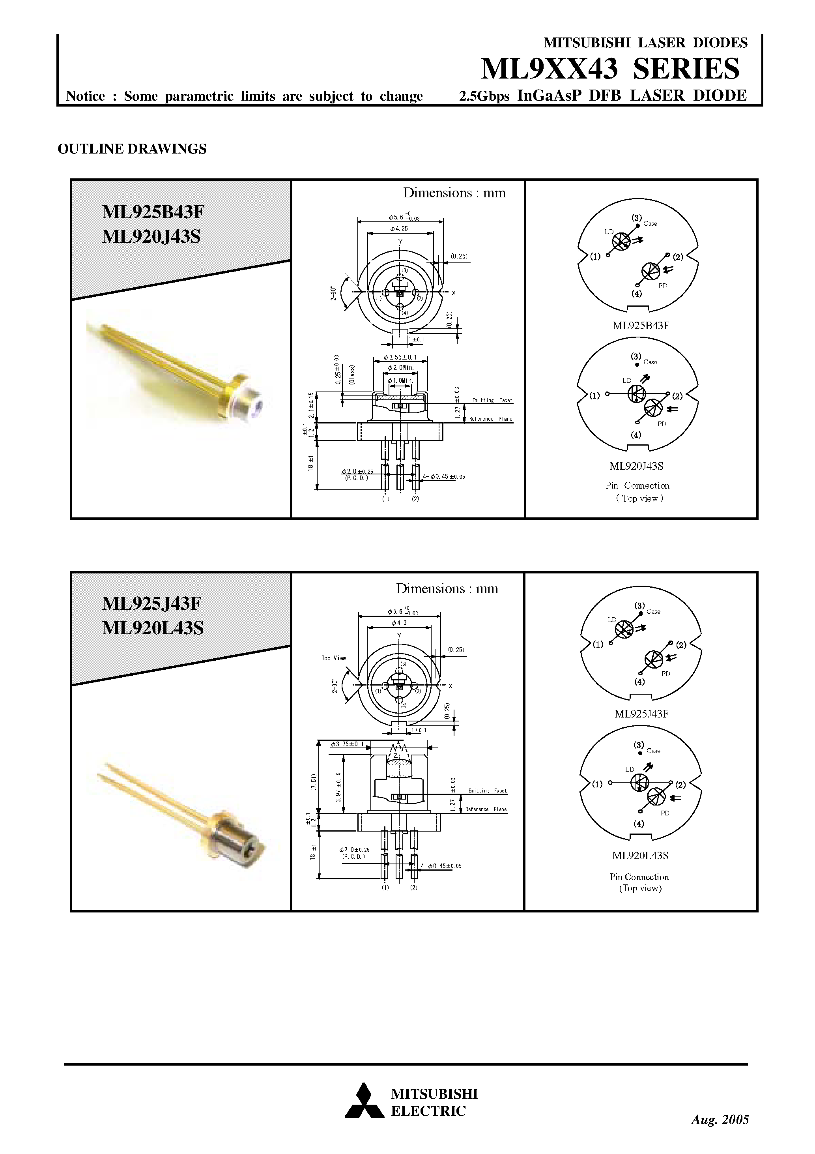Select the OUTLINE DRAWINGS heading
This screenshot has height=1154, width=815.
click(x=132, y=149)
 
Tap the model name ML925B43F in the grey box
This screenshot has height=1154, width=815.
click(x=153, y=212)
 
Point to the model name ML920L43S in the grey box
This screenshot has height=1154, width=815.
click(x=153, y=628)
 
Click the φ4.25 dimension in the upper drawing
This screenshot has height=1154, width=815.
click(x=398, y=229)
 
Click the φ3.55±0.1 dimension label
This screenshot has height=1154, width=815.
click(x=400, y=357)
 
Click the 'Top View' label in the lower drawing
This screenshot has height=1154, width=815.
click(x=334, y=658)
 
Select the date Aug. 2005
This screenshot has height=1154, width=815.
click(x=720, y=1119)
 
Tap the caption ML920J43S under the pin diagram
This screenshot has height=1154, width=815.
click(x=636, y=466)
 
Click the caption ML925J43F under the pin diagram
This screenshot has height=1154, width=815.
click(x=641, y=714)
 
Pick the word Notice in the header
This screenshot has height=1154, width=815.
click(x=86, y=96)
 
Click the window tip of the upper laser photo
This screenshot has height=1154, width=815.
click(x=259, y=404)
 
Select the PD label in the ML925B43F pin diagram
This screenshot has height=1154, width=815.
click(x=662, y=285)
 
